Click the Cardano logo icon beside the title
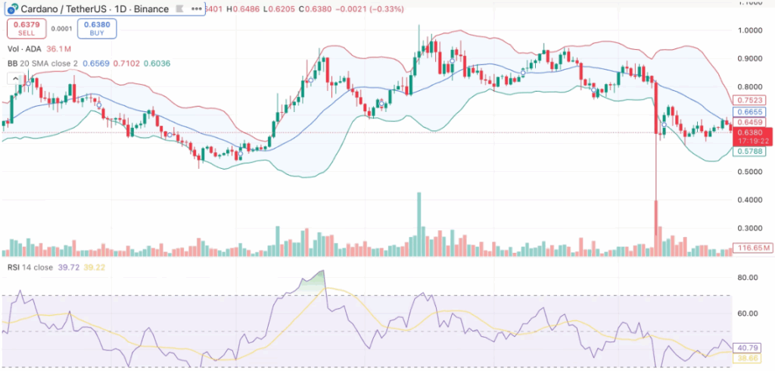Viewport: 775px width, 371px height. click(12, 9)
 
